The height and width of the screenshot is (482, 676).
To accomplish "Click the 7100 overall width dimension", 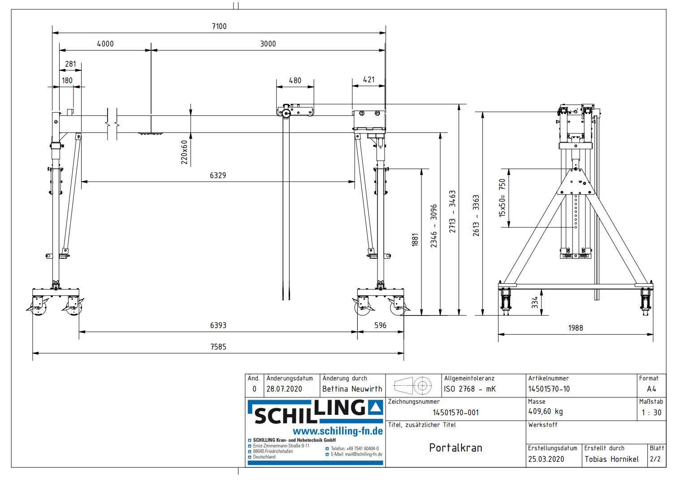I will (x=219, y=26).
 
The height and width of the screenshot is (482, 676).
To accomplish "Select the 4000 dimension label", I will (x=105, y=44).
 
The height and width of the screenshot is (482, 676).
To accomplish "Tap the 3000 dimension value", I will (x=268, y=44).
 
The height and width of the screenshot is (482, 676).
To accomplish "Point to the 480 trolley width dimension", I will (x=295, y=81).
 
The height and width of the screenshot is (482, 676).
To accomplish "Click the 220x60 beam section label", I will (x=184, y=152).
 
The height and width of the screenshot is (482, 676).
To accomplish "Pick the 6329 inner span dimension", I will (x=218, y=175).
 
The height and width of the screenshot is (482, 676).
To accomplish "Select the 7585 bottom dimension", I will (x=218, y=347).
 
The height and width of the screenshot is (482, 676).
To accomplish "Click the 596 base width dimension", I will (x=380, y=325).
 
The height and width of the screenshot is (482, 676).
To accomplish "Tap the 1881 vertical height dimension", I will (x=415, y=240).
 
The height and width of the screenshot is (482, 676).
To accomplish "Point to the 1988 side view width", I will (x=576, y=328).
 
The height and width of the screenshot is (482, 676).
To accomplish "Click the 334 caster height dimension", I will (x=535, y=303).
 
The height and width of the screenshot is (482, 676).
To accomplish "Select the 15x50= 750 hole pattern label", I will (x=502, y=198).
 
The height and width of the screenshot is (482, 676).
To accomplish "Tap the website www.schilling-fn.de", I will (x=338, y=431).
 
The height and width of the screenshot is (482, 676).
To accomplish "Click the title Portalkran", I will (x=455, y=448).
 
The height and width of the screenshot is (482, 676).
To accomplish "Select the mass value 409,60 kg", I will (x=546, y=411).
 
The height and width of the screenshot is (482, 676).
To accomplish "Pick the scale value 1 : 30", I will (x=651, y=413).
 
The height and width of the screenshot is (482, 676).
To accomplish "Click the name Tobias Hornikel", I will (x=611, y=459).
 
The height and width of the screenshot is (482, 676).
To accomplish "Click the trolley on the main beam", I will (x=295, y=111).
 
